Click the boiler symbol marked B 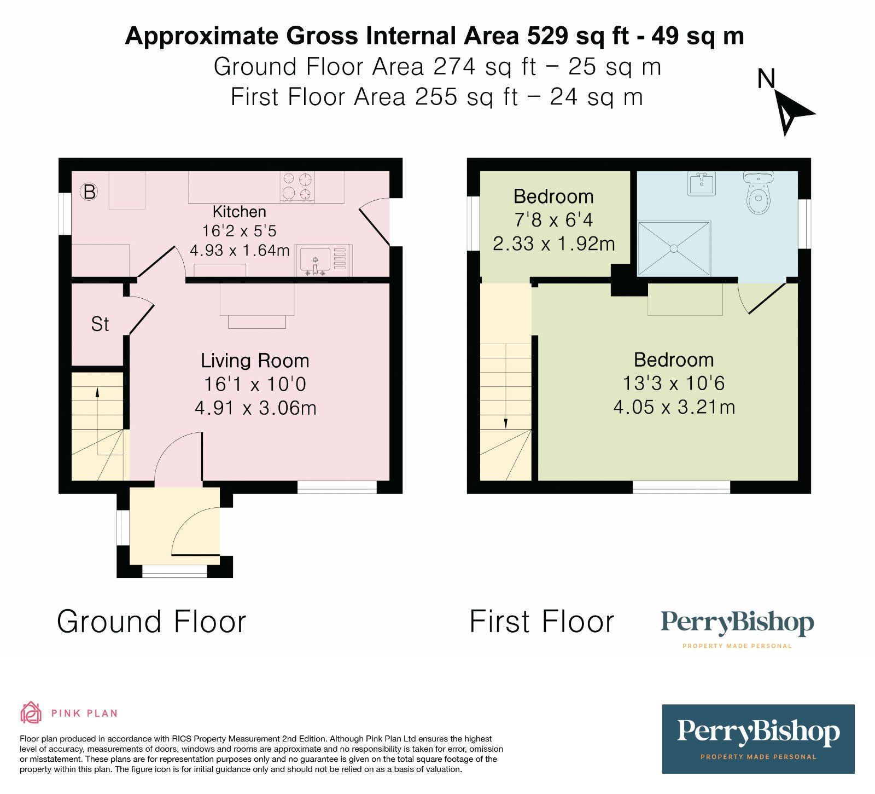(x=89, y=192)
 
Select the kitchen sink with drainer (x=323, y=260)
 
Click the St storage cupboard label (x=100, y=324)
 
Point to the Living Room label (x=255, y=361)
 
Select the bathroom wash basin (x=701, y=184)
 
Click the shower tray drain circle (x=674, y=249)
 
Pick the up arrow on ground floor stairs (x=97, y=392)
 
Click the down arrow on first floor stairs (x=505, y=423)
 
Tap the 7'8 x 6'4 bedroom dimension (x=553, y=220)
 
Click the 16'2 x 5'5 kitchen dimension (x=240, y=231)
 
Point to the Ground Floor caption (x=151, y=622)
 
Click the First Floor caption (x=541, y=622)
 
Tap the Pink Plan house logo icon (x=31, y=712)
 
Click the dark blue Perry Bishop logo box (x=758, y=739)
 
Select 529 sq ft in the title (x=577, y=36)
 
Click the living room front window (x=337, y=487)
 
